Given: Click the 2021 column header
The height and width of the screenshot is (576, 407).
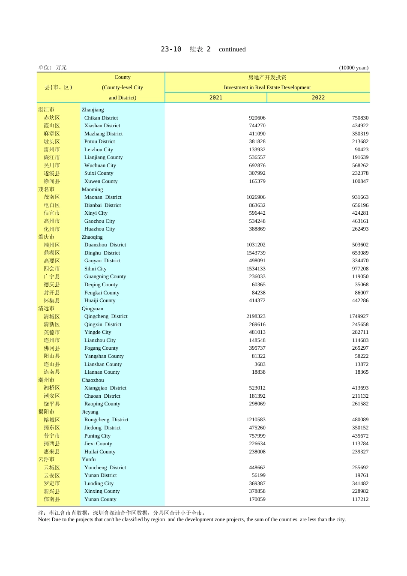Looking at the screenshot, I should click(216, 98).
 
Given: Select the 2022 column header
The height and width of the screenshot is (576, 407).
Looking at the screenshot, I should click(318, 98).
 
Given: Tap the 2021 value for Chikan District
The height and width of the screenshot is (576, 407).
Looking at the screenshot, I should click(257, 118).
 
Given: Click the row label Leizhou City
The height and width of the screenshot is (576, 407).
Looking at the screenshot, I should click(99, 150).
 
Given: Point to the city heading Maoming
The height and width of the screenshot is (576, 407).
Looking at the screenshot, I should click(92, 189).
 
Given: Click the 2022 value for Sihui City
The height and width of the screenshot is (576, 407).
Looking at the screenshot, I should click(360, 269).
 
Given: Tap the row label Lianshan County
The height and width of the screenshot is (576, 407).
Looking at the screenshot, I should click(103, 364).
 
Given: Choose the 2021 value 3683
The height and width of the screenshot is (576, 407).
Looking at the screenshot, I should click(260, 364).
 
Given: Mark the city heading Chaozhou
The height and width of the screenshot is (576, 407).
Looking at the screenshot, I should click(93, 380).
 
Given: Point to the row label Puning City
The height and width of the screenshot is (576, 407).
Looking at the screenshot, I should click(97, 436).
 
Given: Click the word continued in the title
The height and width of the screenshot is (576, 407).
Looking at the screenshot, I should click(232, 49).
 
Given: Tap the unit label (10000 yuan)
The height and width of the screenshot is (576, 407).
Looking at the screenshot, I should click(353, 68).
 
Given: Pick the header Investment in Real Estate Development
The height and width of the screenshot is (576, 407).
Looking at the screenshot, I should click(267, 87).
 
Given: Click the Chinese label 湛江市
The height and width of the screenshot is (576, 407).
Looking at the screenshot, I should click(46, 110).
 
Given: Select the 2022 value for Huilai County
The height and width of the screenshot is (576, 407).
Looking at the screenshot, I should click(360, 452).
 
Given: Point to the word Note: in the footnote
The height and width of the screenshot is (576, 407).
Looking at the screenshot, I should click(44, 519).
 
